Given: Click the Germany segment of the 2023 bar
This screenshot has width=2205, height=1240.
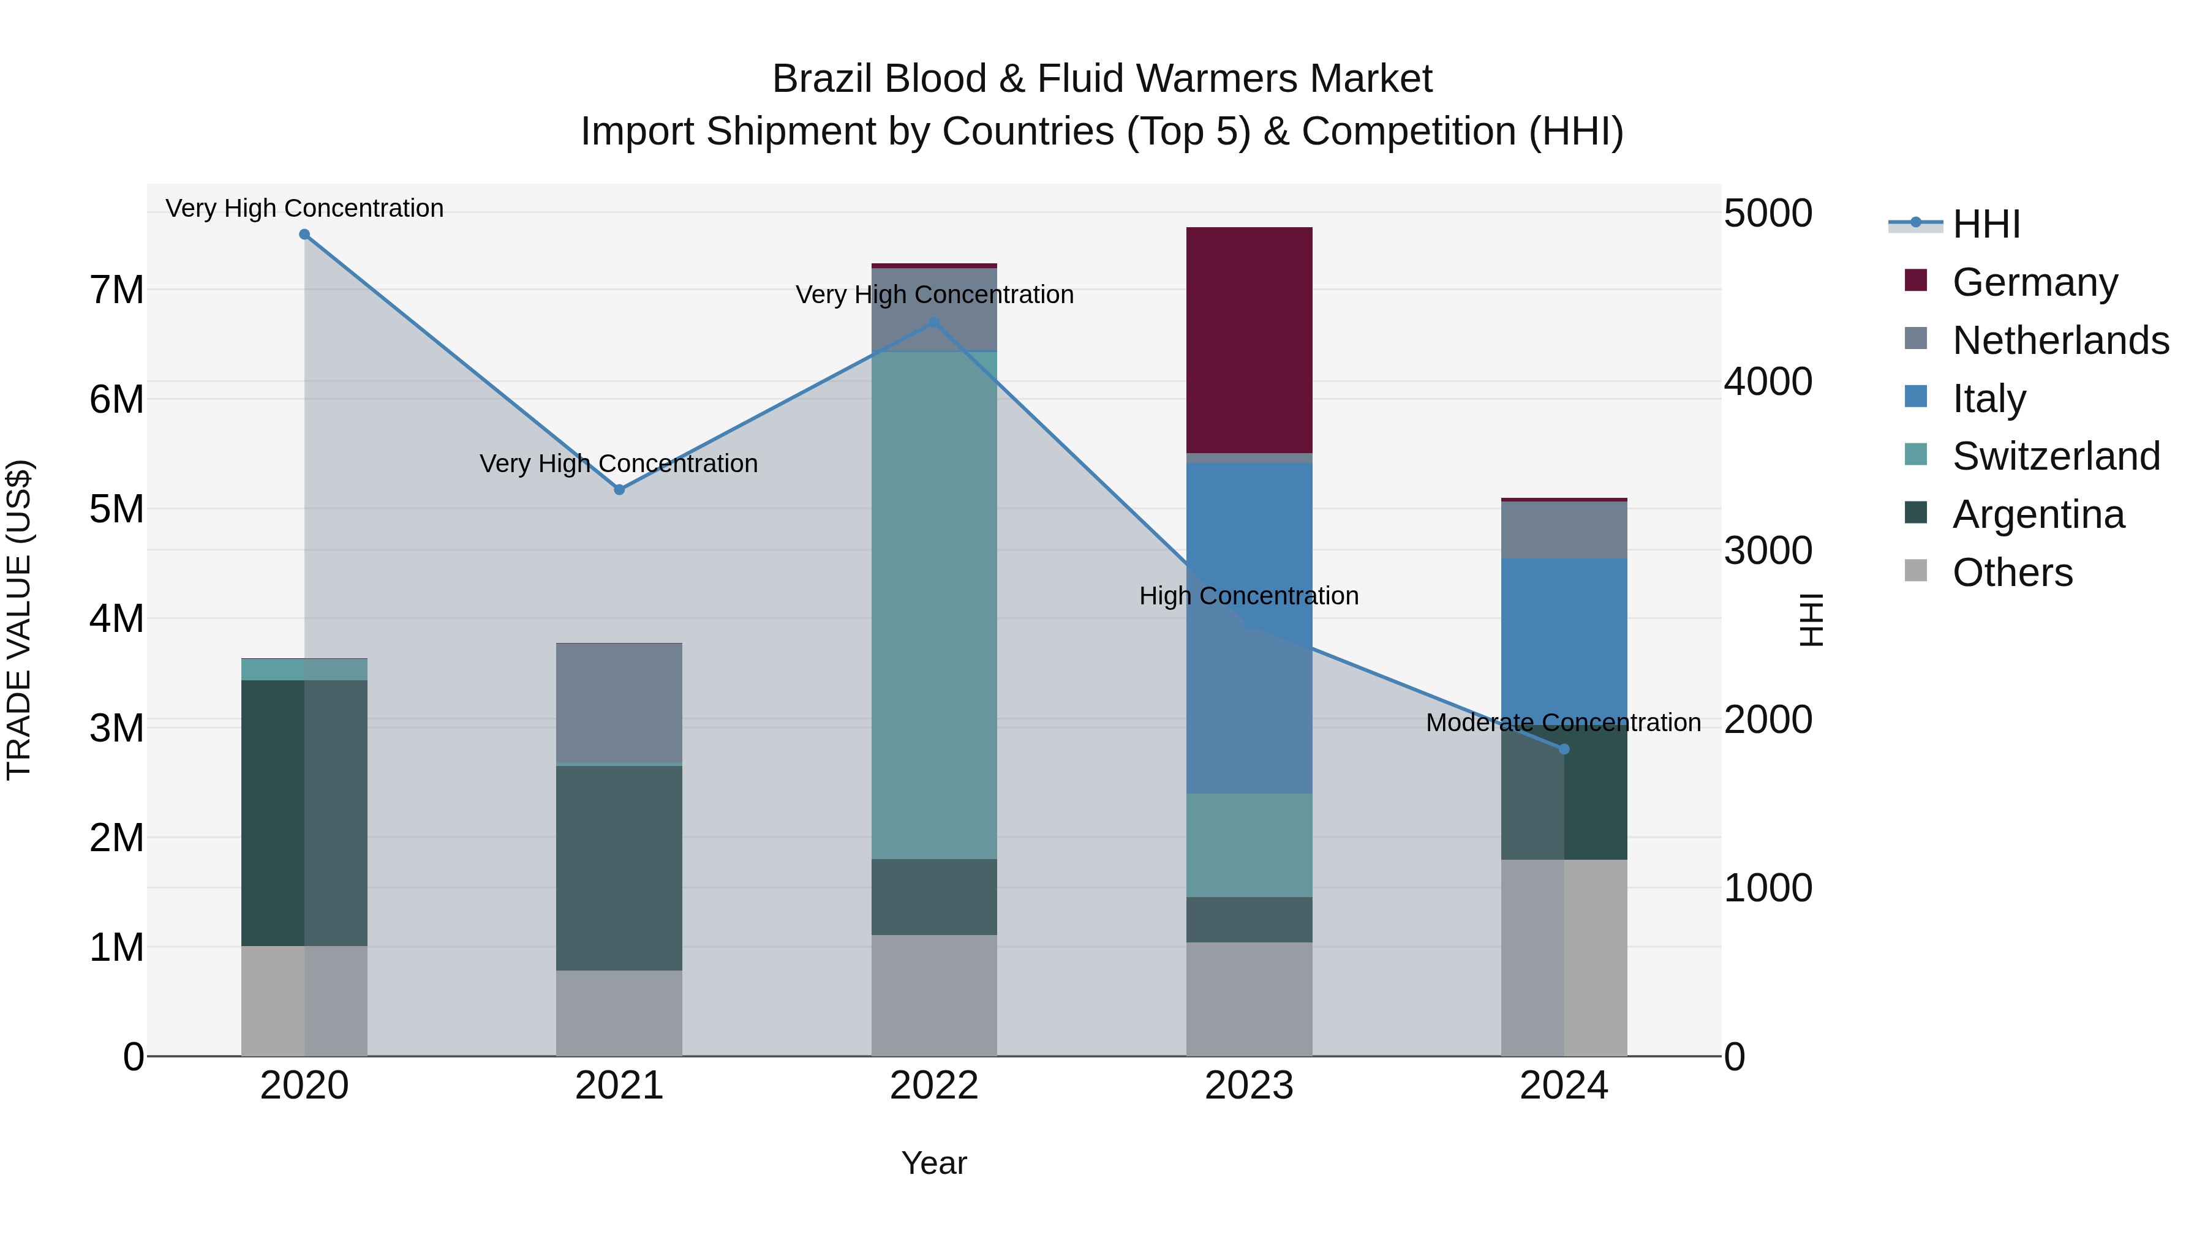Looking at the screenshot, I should pos(1249,340).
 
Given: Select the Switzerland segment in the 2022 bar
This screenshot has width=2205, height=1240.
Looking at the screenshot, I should pos(934,604).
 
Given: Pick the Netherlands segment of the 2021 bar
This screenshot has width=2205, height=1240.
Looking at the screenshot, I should pos(619,702).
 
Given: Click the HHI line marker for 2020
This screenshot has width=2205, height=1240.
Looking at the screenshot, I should pos(304,235).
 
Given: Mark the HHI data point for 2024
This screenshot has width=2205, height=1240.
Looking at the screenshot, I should pos(1564,750).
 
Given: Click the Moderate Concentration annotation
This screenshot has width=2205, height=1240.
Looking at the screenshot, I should pos(1563,723).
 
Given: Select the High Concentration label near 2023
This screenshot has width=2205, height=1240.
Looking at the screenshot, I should pos(1248,596).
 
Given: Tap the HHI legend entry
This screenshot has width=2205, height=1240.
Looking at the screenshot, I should pos(1986,224).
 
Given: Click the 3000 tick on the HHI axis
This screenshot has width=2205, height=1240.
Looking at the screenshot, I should pos(1768,550).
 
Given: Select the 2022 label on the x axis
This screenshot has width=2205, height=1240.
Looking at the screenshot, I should pos(934,1086).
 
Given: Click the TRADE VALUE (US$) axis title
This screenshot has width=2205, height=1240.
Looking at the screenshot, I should pos(19,620).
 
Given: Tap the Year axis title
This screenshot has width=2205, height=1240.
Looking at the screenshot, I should pos(934,1163).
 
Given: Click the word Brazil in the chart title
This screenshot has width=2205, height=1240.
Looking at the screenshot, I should pos(823,80).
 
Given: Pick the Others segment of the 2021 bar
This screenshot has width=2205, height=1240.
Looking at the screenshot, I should pos(619,1013).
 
